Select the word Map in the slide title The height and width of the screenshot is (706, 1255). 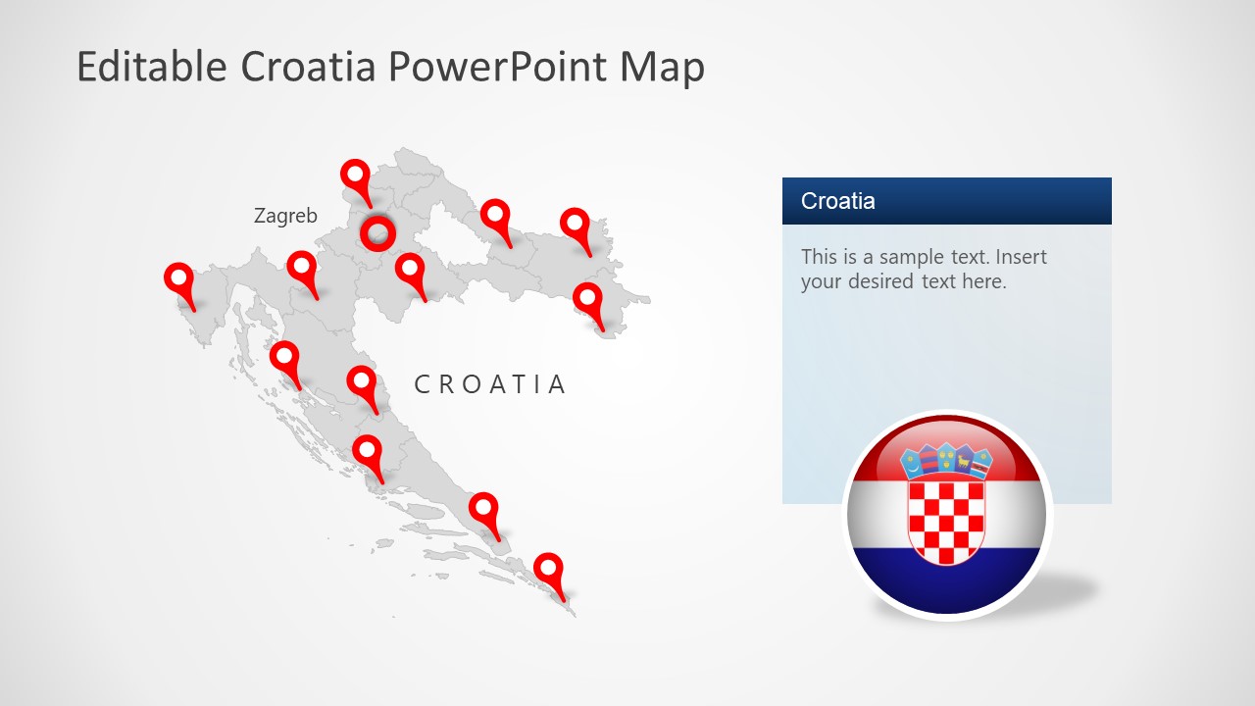point(661,67)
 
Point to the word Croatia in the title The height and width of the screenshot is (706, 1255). point(308,67)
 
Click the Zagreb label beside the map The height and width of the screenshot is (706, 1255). point(285,216)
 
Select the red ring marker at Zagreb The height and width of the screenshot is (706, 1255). point(377,233)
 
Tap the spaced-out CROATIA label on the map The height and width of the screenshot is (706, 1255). point(490,384)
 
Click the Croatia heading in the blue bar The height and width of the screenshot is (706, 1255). point(837,201)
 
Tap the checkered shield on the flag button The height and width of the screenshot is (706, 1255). point(946,520)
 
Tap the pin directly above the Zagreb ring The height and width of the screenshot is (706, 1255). point(356,176)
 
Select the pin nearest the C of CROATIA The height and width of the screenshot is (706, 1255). point(362,382)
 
